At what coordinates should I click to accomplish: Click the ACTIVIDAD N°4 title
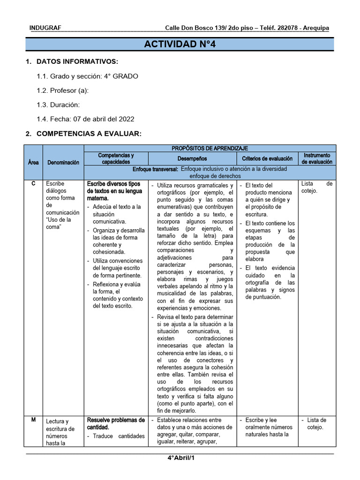click(180, 45)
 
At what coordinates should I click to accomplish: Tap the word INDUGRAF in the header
click(45, 28)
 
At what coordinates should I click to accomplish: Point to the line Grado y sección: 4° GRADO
click(87, 76)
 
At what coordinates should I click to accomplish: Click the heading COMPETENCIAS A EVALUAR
click(88, 134)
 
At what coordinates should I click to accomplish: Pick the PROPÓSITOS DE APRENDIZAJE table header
click(210, 148)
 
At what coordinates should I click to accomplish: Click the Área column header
click(33, 162)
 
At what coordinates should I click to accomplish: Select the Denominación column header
click(63, 162)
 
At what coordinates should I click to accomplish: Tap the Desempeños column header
click(192, 159)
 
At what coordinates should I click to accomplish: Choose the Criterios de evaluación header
click(267, 159)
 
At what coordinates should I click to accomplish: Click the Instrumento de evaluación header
click(317, 158)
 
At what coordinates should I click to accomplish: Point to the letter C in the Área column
click(33, 184)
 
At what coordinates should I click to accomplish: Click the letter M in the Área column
click(33, 420)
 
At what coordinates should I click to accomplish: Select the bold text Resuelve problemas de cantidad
click(116, 424)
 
